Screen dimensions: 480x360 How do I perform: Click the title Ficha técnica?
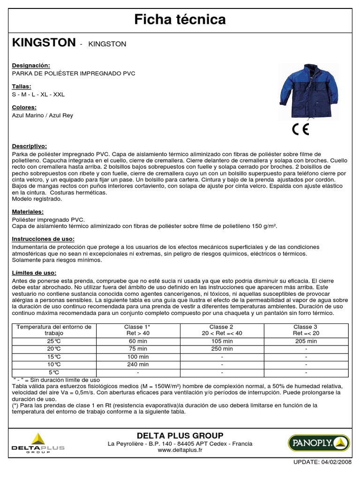coord(180,19)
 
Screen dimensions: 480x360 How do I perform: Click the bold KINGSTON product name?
coord(44,43)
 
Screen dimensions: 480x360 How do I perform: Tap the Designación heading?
coord(31,66)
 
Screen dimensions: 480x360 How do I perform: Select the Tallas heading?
coord(22,87)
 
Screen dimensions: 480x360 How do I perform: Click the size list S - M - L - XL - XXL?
coord(38,94)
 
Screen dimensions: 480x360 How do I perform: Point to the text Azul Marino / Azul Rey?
coord(43,115)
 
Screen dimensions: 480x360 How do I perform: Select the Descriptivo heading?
coord(30,146)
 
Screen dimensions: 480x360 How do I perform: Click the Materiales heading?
coord(28,212)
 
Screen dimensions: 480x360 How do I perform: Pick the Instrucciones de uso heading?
coord(43,239)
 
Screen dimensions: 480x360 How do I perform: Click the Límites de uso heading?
coord(34,273)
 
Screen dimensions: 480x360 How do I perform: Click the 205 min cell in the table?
coord(306,341)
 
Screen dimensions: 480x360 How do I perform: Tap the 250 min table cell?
coord(221,349)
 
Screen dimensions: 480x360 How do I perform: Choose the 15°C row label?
coord(53,357)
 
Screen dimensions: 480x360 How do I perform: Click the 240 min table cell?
coord(138,364)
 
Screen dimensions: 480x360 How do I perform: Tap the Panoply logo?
coord(318,442)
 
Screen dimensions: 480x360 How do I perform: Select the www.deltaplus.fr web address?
coord(180,450)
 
